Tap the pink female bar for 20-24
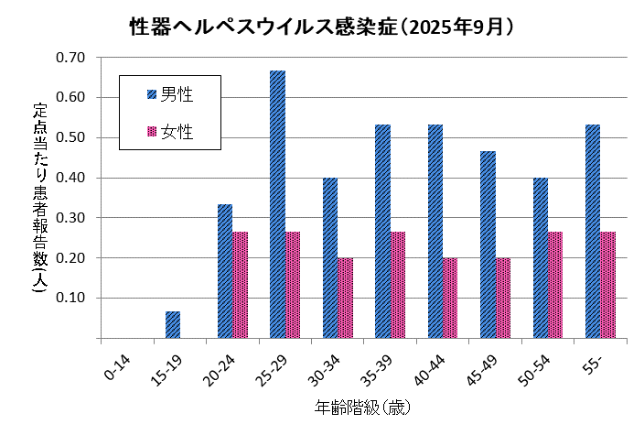(x=241, y=285)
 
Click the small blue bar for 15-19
(x=173, y=325)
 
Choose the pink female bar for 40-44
(x=450, y=299)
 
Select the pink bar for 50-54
(x=555, y=285)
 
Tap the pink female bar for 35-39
(x=398, y=285)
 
